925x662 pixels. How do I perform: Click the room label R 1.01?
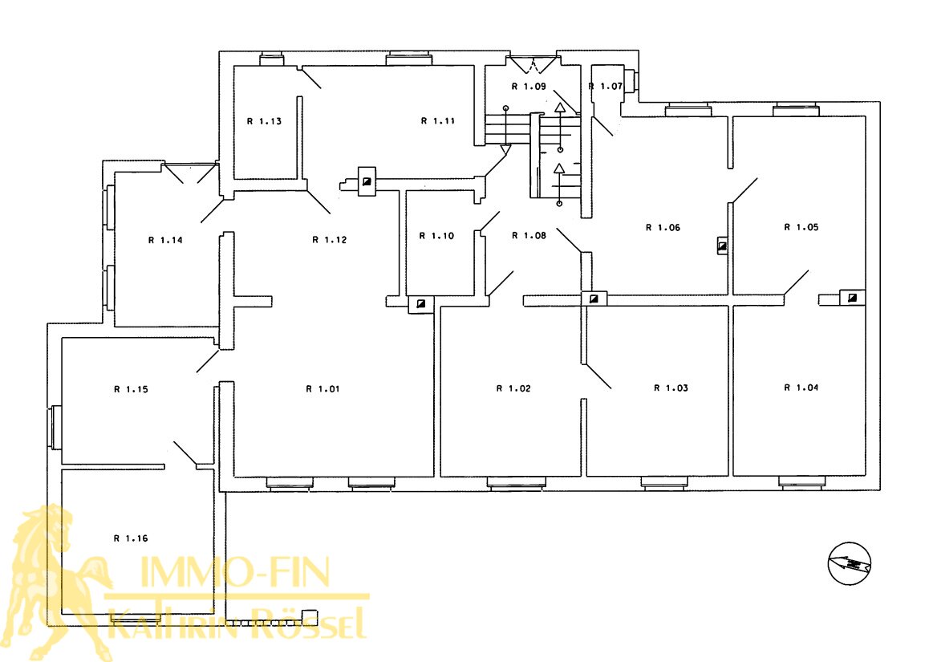click(x=323, y=389)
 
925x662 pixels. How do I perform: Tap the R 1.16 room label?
click(x=131, y=538)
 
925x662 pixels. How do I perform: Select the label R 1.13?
click(x=264, y=121)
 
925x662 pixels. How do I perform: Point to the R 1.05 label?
click(x=801, y=227)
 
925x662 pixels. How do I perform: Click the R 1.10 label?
click(x=436, y=236)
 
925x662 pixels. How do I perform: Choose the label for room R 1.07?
click(x=606, y=86)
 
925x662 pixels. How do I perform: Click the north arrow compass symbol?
click(x=850, y=564)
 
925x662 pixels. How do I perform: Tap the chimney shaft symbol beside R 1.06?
click(x=722, y=246)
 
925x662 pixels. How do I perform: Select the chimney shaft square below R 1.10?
click(x=421, y=304)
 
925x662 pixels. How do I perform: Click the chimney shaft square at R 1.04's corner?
click(x=852, y=298)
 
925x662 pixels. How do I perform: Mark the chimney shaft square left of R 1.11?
click(x=367, y=181)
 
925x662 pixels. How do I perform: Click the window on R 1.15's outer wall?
click(x=55, y=428)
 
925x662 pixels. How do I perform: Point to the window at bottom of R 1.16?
click(x=135, y=619)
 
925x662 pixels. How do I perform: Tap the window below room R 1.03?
click(x=663, y=483)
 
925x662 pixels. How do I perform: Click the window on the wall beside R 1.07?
click(x=631, y=81)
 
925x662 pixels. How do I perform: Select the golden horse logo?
click(x=56, y=581)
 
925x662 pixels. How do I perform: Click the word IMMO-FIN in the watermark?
click(x=234, y=571)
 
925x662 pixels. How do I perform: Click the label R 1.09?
click(x=529, y=87)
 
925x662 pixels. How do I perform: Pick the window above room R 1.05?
click(x=796, y=108)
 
